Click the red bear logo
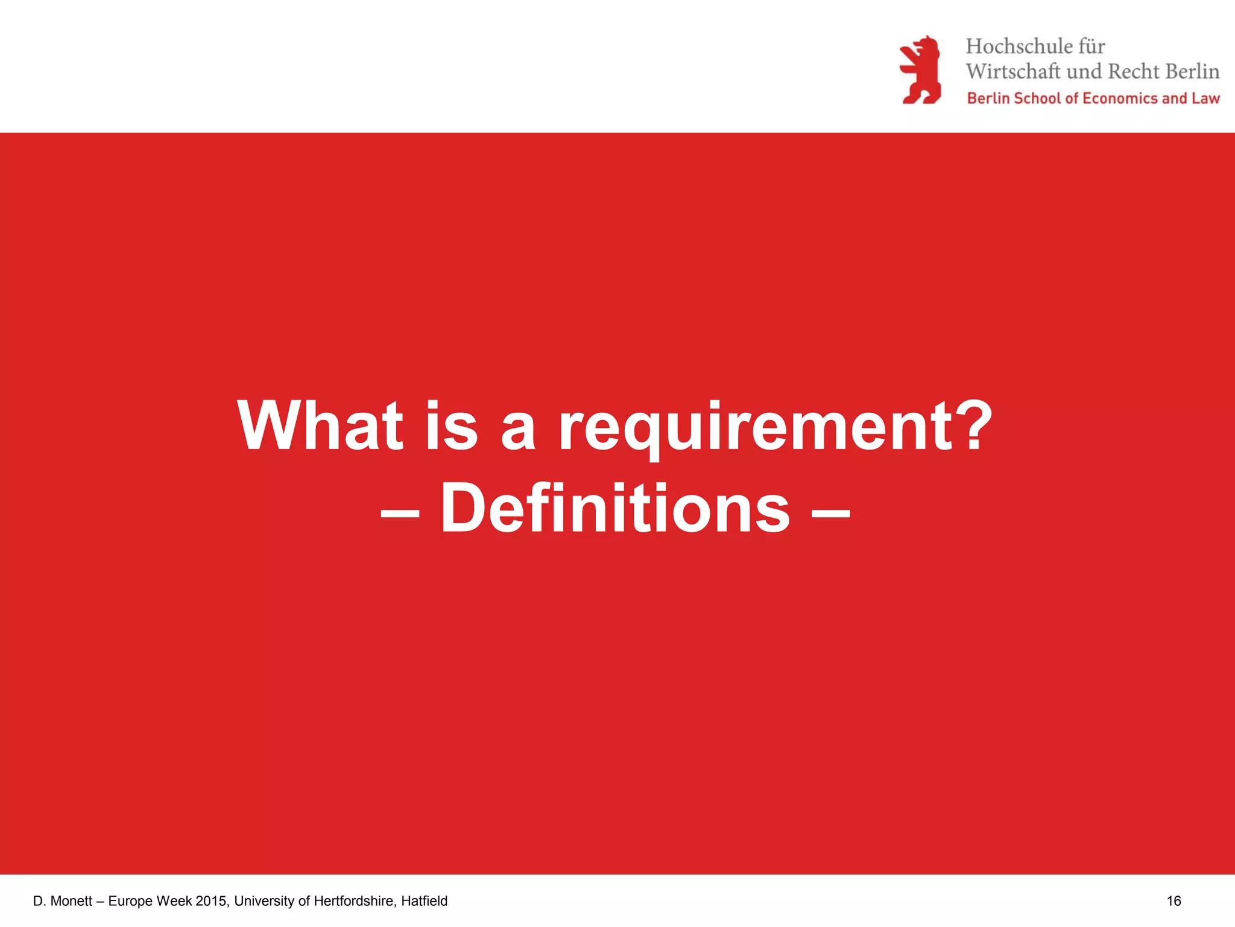(x=920, y=70)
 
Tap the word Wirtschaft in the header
(x=1012, y=71)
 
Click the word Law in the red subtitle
(x=1205, y=98)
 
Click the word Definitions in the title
(x=615, y=508)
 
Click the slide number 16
(x=1173, y=901)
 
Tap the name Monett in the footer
(x=71, y=901)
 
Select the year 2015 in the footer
(x=211, y=901)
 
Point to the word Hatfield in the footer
(x=424, y=901)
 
